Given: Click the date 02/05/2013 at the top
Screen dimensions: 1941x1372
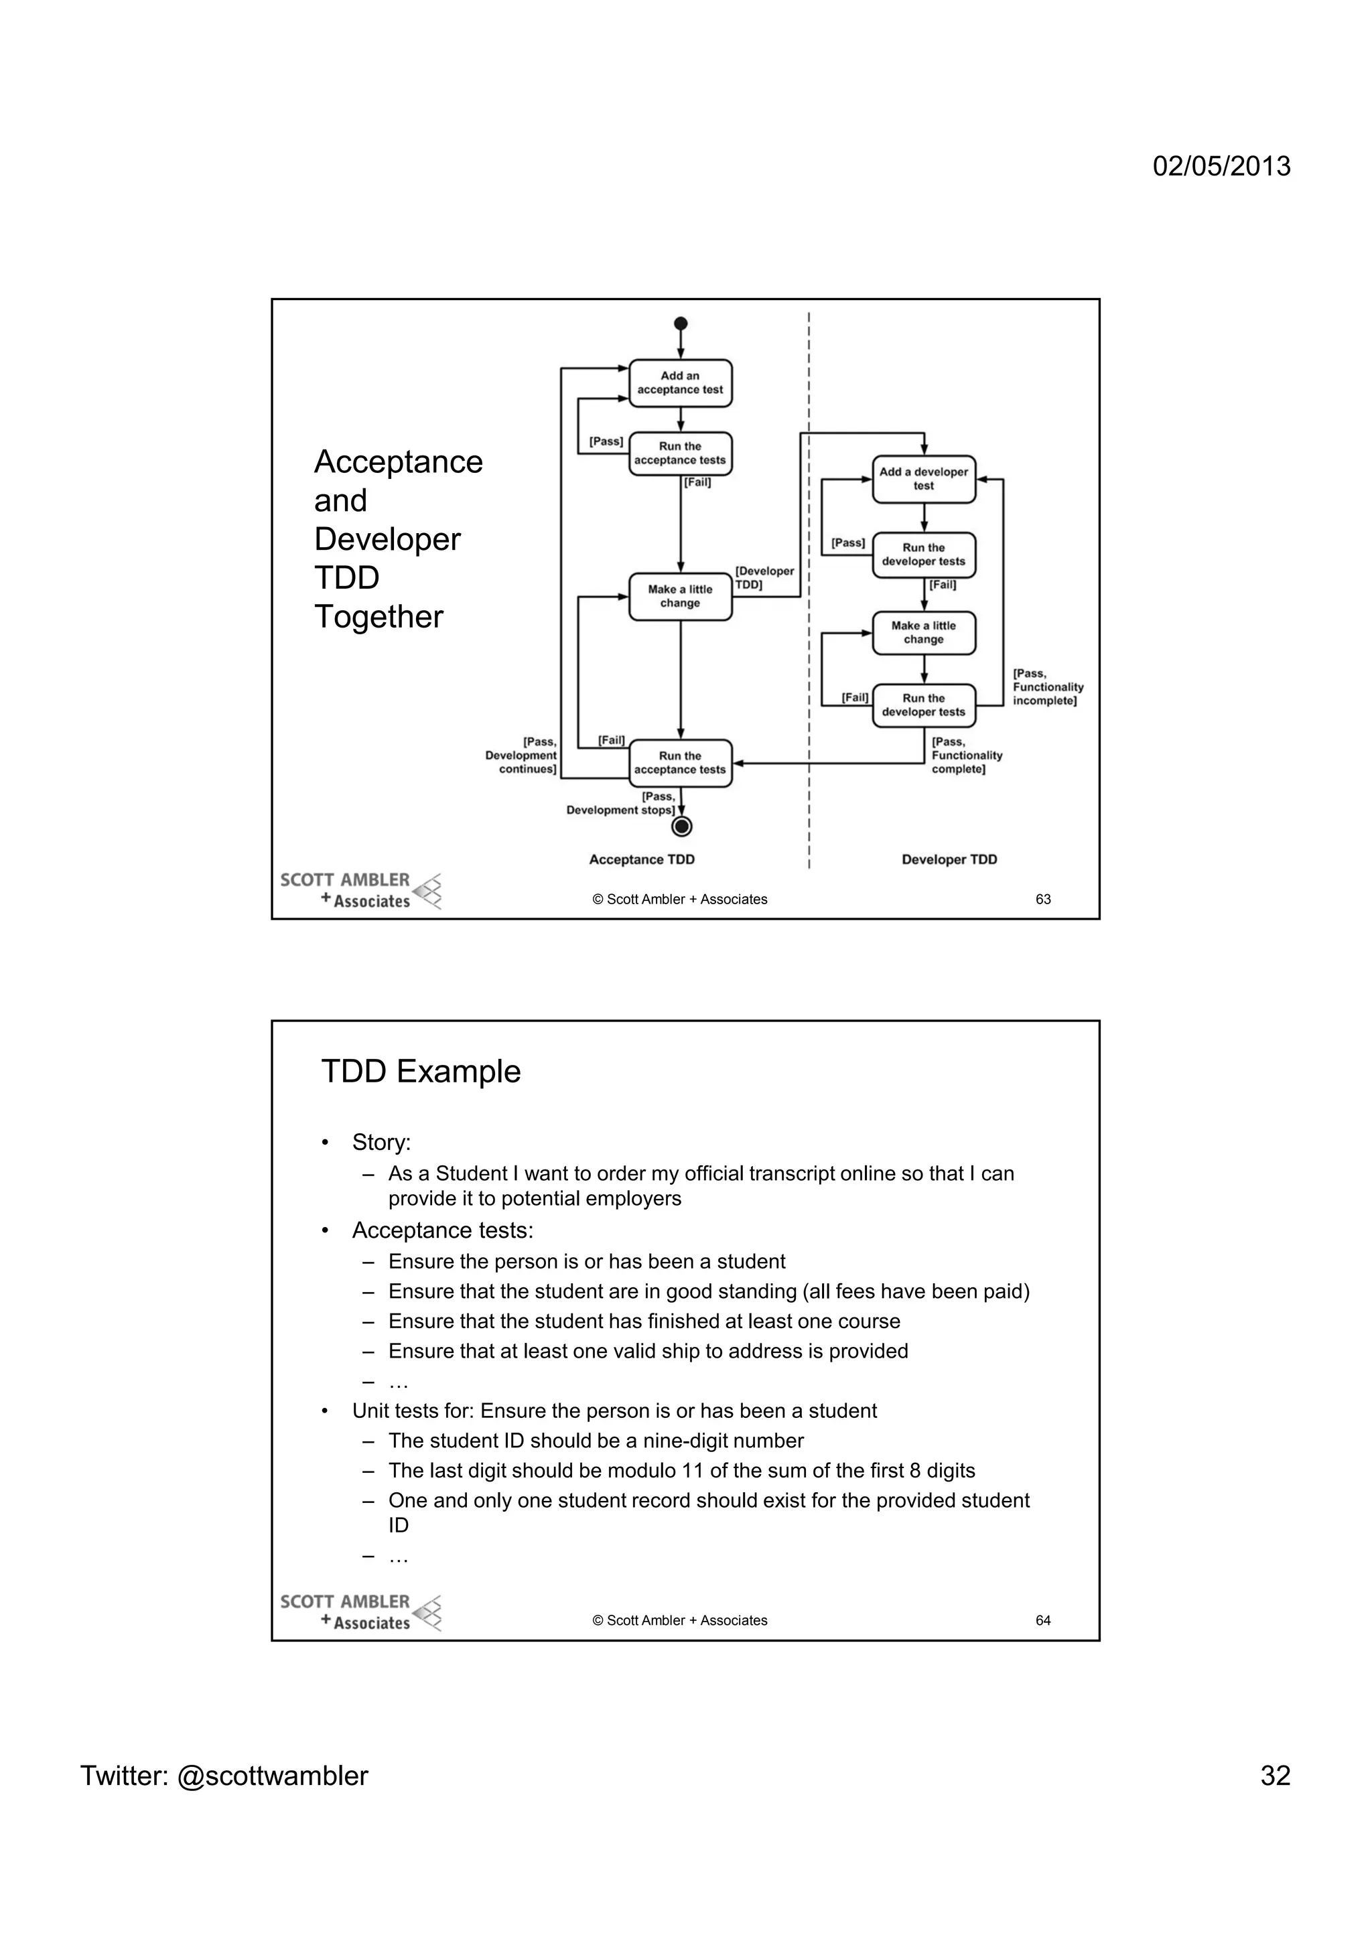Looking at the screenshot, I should pyautogui.click(x=1221, y=165).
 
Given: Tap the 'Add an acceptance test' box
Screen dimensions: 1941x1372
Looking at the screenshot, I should pyautogui.click(x=680, y=383).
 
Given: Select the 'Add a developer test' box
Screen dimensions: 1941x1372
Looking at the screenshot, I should pyautogui.click(x=923, y=480).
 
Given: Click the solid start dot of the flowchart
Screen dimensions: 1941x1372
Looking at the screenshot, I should pyautogui.click(x=681, y=323).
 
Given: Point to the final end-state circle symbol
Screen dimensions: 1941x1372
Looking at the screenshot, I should pyautogui.click(x=681, y=826).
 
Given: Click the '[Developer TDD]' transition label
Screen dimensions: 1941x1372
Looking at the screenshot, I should pyautogui.click(x=764, y=577).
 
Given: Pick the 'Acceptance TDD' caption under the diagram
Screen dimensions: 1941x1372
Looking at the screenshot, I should pyautogui.click(x=642, y=860).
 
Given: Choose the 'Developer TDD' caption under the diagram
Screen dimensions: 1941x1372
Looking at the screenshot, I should pyautogui.click(x=949, y=860).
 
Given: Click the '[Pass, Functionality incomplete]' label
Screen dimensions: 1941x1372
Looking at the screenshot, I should pyautogui.click(x=1047, y=687).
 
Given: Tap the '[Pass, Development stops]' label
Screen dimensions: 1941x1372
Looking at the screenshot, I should pyautogui.click(x=621, y=803).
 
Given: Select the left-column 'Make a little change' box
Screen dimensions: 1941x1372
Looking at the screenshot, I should pyautogui.click(x=680, y=596).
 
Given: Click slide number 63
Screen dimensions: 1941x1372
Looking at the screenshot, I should pyautogui.click(x=1042, y=900).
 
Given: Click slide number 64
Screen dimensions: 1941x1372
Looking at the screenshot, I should pyautogui.click(x=1042, y=1621).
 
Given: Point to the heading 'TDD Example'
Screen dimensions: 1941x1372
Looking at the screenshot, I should pyautogui.click(x=421, y=1072).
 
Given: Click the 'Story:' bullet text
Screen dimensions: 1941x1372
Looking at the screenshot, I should pyautogui.click(x=381, y=1143).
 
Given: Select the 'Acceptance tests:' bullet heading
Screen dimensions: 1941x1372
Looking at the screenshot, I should pyautogui.click(x=442, y=1231).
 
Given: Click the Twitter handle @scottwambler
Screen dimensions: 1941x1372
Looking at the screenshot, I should pyautogui.click(x=272, y=1776).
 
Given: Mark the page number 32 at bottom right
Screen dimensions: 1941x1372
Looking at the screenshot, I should pyautogui.click(x=1274, y=1776).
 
